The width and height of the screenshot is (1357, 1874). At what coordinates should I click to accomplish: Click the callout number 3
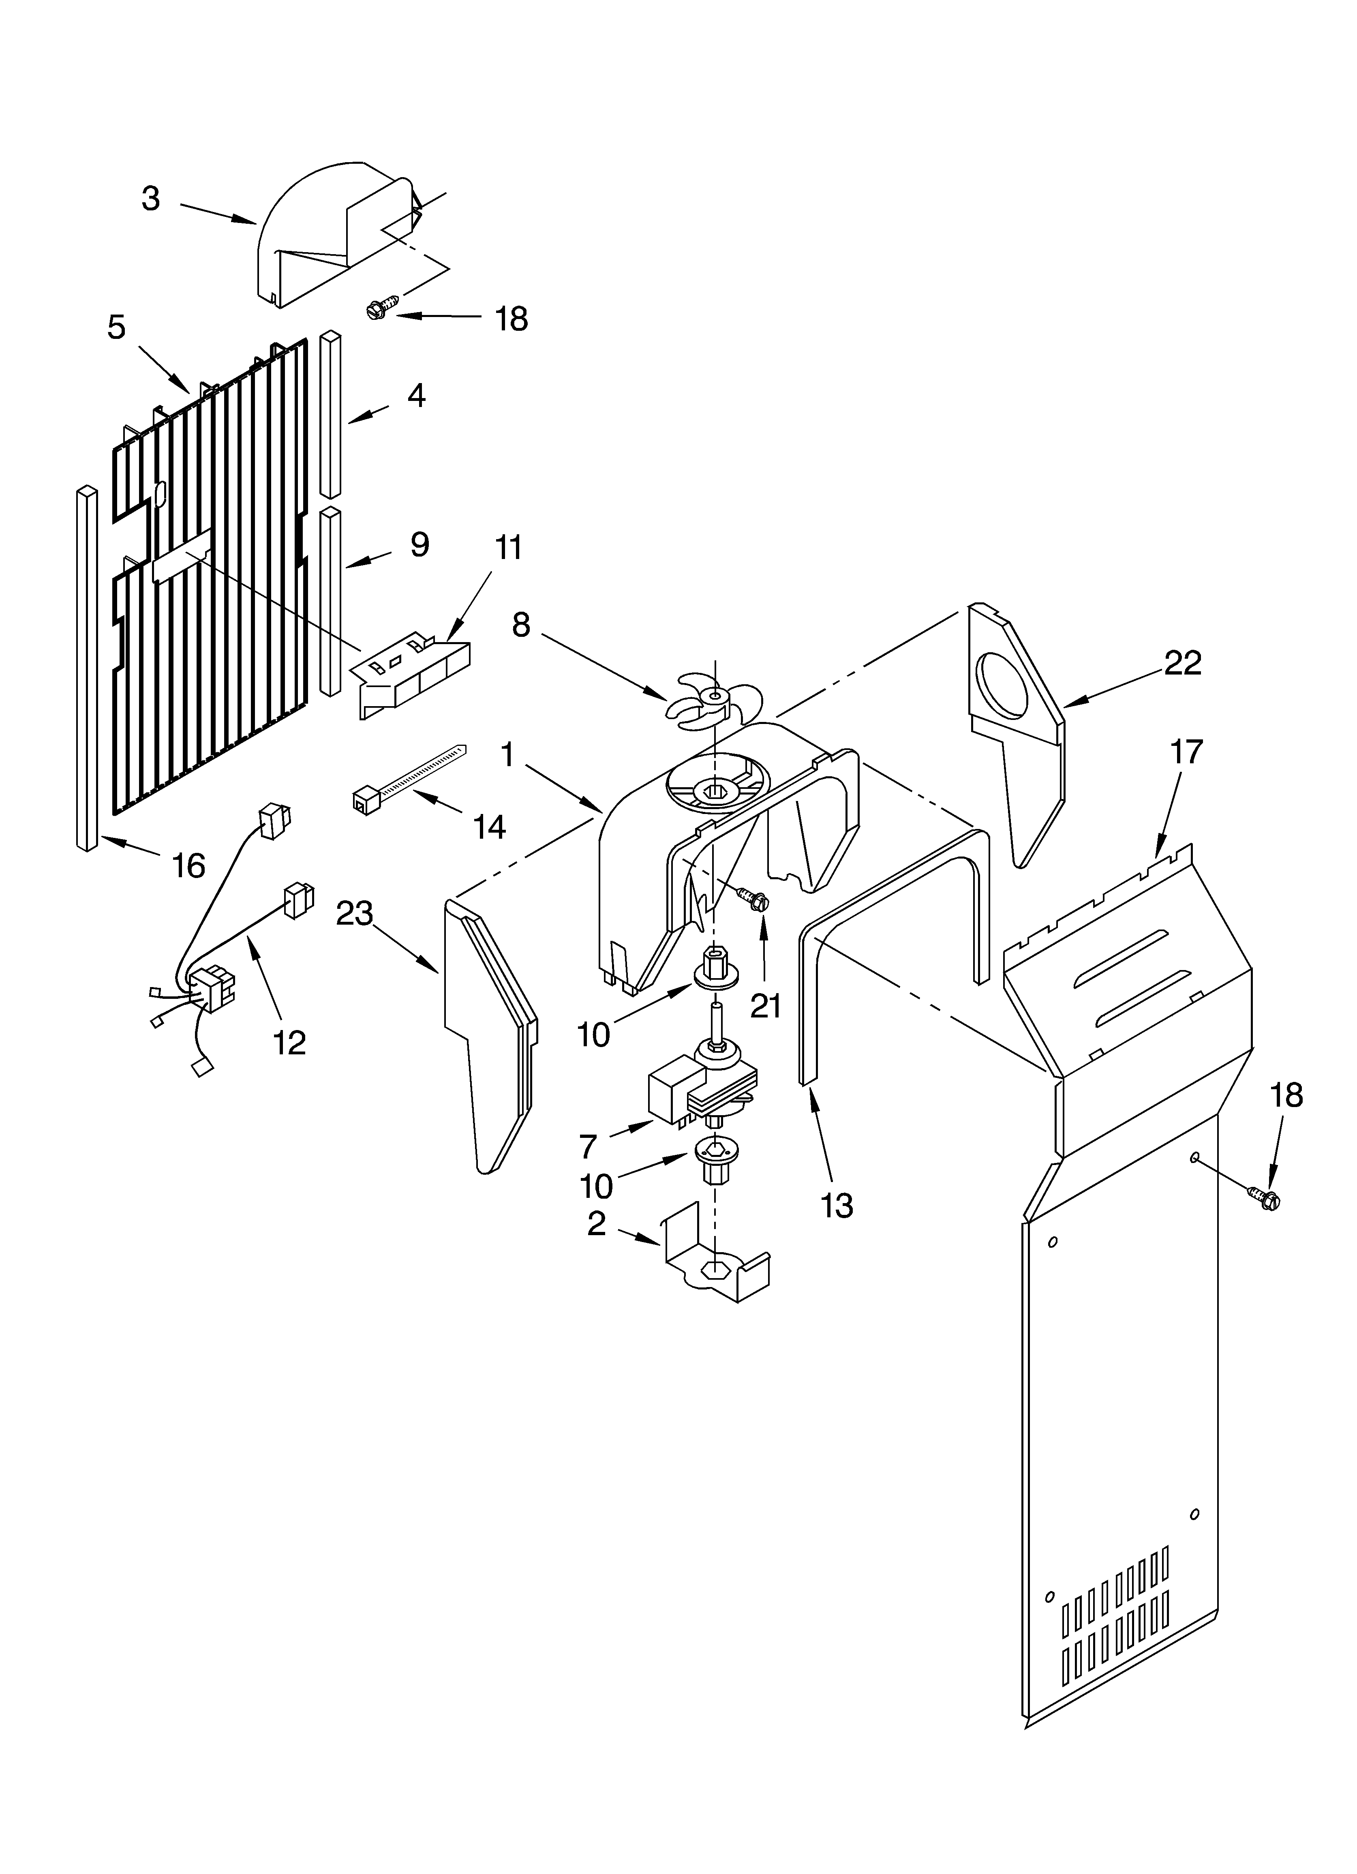[150, 199]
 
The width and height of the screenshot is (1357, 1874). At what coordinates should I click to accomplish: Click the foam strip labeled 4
[331, 413]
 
